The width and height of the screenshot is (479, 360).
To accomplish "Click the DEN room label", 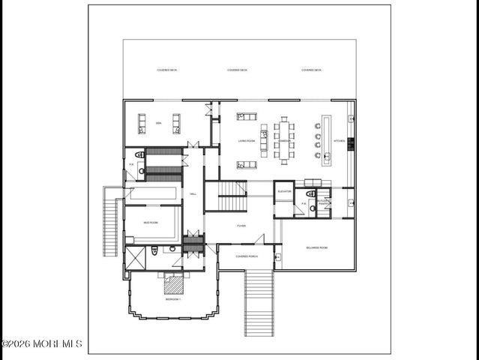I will pyautogui.click(x=159, y=122).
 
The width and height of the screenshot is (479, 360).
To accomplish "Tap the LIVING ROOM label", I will pyautogui.click(x=247, y=140).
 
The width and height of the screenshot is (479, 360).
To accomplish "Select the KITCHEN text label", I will pyautogui.click(x=339, y=140).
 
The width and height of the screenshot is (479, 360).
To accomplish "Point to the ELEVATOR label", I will pyautogui.click(x=284, y=191).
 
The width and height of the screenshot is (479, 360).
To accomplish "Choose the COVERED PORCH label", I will pyautogui.click(x=247, y=256).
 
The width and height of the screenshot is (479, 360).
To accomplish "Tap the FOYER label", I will pyautogui.click(x=241, y=225).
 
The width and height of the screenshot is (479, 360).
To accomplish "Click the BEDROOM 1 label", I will pyautogui.click(x=173, y=299).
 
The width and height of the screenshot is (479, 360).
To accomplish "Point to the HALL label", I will pyautogui.click(x=193, y=194).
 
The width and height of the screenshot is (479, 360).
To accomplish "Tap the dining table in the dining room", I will pyautogui.click(x=284, y=140).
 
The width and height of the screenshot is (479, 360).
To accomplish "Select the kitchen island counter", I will pyautogui.click(x=327, y=140).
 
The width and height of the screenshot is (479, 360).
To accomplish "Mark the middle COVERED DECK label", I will pyautogui.click(x=238, y=70).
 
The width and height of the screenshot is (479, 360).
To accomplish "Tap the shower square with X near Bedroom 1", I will pyautogui.click(x=136, y=258).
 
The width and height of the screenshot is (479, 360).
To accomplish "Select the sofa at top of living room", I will pyautogui.click(x=247, y=117).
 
